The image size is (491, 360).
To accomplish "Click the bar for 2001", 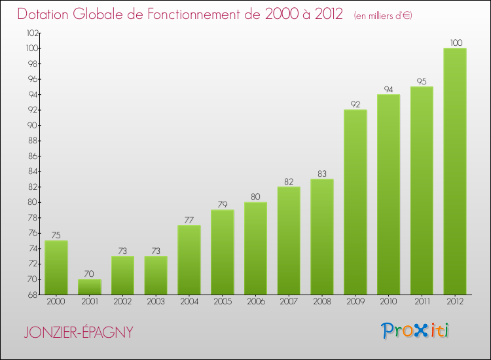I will coord(90,287).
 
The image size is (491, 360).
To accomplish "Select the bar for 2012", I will coord(454,171).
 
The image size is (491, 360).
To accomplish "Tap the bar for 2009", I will coord(355,202).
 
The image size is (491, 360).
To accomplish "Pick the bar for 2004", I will coord(189,260).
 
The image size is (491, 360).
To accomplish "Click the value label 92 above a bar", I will coord(355,103).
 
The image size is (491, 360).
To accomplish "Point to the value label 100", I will coord(455,43).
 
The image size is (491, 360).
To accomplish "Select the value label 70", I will coord(90,274).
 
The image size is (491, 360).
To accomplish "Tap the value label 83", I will coord(322,173).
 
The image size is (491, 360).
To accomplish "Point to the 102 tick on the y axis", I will coord(32,33).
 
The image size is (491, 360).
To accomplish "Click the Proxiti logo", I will coord(416,331).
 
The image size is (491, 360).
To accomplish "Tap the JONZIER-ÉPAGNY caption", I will coord(78,333).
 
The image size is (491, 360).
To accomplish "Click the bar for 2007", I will coord(289,240).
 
